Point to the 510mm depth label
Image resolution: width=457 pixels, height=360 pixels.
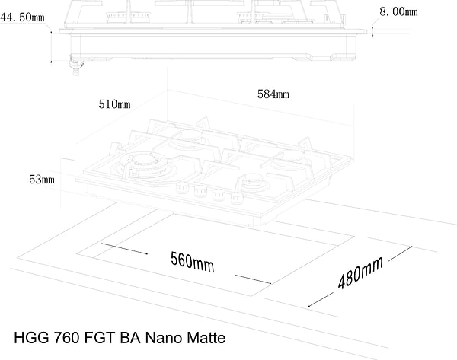pos(114,103)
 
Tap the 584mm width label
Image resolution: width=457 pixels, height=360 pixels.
pos(273,94)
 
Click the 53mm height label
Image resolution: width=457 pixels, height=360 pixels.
pos(42,180)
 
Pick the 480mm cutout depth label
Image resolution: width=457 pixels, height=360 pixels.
pos(360,275)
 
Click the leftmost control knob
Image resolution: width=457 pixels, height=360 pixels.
pos(183,188)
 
